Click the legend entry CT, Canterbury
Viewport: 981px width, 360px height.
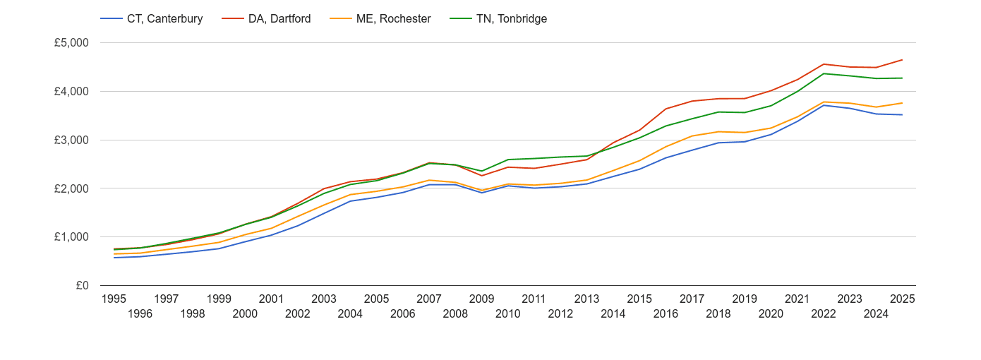pos(164,19)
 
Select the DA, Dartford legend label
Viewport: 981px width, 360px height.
pos(279,19)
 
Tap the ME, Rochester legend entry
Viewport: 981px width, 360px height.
pos(393,19)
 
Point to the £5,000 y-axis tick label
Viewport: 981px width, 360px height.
pos(71,43)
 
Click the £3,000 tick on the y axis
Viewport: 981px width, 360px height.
pos(71,140)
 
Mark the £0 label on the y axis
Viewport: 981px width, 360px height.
pos(81,286)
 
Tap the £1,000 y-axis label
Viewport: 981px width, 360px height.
pos(71,237)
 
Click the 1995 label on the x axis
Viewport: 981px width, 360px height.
pos(114,299)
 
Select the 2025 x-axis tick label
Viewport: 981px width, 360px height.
pos(902,299)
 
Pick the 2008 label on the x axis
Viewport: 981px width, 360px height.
pos(455,314)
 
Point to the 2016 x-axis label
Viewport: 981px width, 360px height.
pos(666,314)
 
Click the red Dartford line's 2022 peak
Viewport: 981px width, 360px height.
pos(824,64)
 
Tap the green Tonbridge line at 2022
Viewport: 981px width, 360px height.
pos(824,73)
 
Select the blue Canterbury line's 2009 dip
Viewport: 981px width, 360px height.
pos(482,193)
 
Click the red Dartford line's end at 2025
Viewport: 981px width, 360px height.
pos(902,60)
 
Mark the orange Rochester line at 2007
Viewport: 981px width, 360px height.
pos(429,180)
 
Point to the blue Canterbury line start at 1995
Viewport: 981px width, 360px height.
pos(114,258)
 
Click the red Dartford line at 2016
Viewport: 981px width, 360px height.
pos(666,109)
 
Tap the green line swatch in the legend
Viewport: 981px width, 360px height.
pos(459,19)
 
